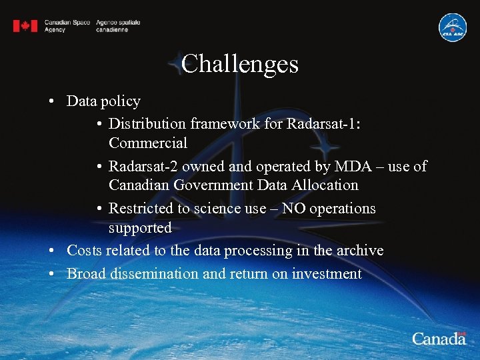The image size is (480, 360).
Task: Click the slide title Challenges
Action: [x=239, y=64]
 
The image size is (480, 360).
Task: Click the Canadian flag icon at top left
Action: [x=25, y=26]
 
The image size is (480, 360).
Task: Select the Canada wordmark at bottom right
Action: [x=438, y=338]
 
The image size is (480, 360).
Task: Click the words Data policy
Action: [x=103, y=101]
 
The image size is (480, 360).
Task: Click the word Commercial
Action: [x=147, y=143]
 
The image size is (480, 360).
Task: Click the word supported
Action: [x=140, y=227]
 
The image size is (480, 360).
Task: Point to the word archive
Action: [x=359, y=251]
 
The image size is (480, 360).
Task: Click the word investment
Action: [x=327, y=273]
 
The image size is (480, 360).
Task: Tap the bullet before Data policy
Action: [x=51, y=102]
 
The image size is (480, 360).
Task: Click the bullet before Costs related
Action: [x=51, y=251]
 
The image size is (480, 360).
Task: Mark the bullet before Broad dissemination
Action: [x=51, y=274]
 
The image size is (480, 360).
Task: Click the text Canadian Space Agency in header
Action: [x=67, y=26]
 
